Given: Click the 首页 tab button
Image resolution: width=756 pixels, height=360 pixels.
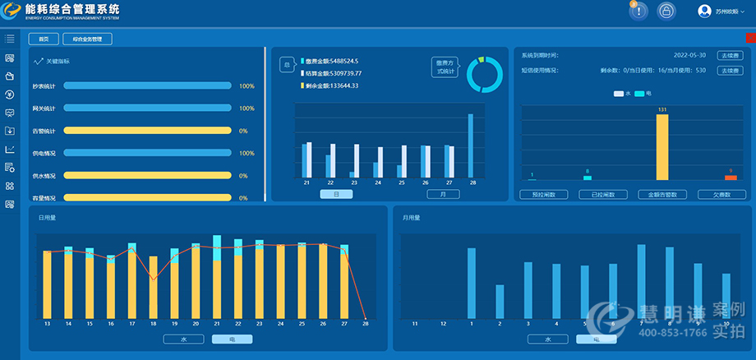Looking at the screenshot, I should point(44,39).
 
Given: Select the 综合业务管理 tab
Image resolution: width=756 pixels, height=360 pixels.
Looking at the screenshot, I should point(87,39).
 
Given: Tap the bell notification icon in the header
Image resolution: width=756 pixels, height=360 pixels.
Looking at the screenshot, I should point(638,11).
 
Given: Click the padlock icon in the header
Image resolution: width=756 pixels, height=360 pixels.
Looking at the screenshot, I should point(666,11).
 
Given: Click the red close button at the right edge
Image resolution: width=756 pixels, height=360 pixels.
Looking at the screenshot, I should point(750,38).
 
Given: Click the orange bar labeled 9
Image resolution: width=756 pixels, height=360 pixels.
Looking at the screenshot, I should point(731,178).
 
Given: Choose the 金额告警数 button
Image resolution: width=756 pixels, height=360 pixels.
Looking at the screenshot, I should point(661,195).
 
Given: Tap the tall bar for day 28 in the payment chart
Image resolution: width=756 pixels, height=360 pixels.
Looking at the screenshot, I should point(471,146).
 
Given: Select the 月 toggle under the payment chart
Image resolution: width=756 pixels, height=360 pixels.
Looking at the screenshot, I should point(443,194).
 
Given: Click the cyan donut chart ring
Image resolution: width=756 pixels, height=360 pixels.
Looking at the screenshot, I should point(484,75).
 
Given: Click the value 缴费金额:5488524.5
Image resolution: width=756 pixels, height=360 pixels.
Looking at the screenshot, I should point(332,62).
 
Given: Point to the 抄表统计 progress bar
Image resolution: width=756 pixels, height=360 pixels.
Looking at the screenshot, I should point(147,85).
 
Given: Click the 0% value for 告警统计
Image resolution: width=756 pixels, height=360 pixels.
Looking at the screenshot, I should point(243,131).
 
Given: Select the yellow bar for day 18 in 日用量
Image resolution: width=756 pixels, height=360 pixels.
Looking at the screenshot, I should point(153,287).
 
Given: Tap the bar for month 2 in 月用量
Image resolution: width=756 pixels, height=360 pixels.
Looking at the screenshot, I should point(500,301).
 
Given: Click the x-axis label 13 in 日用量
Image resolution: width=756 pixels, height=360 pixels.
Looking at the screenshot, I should point(48,325).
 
